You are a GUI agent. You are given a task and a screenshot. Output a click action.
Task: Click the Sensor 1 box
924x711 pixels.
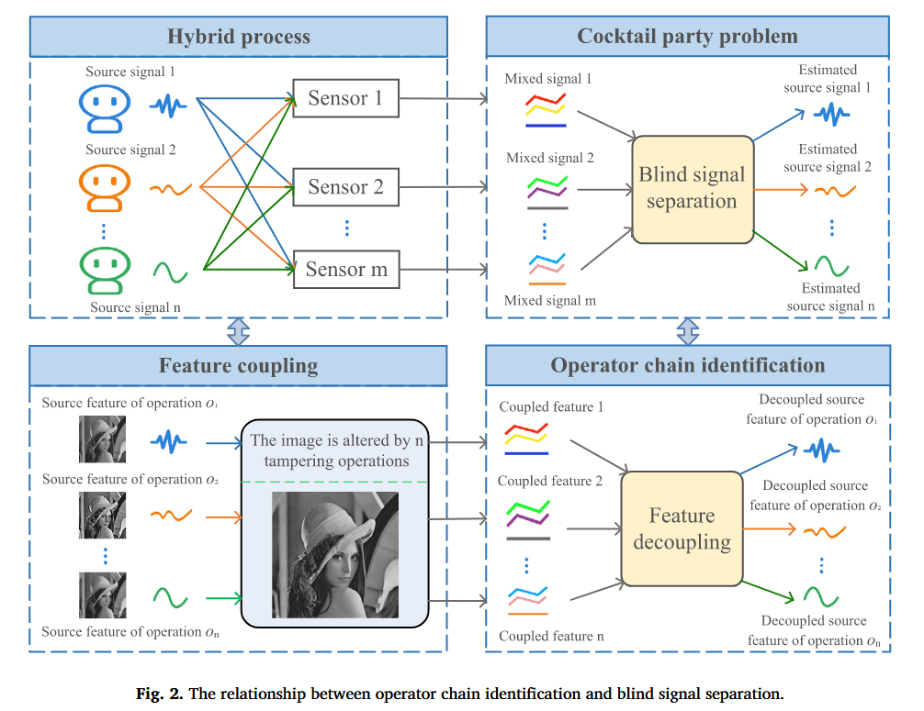click(x=346, y=98)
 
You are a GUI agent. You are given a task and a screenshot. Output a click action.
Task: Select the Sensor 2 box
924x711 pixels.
click(x=346, y=187)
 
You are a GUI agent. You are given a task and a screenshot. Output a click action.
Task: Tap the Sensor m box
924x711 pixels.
click(x=346, y=270)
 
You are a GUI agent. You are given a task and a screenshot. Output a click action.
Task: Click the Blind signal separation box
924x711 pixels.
click(x=692, y=188)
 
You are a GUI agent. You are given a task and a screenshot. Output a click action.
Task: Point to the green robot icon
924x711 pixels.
click(x=103, y=268)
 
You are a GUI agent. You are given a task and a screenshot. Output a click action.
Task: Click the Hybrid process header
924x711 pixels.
click(x=238, y=38)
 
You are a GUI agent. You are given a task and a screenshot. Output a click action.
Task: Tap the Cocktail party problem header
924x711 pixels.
click(x=687, y=37)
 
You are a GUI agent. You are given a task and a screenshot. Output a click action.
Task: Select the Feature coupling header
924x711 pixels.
click(x=238, y=365)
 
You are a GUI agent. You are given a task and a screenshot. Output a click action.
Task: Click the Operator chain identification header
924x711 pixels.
click(x=687, y=365)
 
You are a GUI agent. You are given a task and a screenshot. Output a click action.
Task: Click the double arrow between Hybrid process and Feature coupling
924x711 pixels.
click(x=238, y=331)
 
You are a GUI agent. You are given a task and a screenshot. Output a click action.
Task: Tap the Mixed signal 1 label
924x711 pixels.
click(x=548, y=79)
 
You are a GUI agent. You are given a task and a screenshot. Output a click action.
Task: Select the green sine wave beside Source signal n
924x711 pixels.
click(x=170, y=271)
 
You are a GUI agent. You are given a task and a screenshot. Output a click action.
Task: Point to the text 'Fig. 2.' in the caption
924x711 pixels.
click(x=156, y=693)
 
